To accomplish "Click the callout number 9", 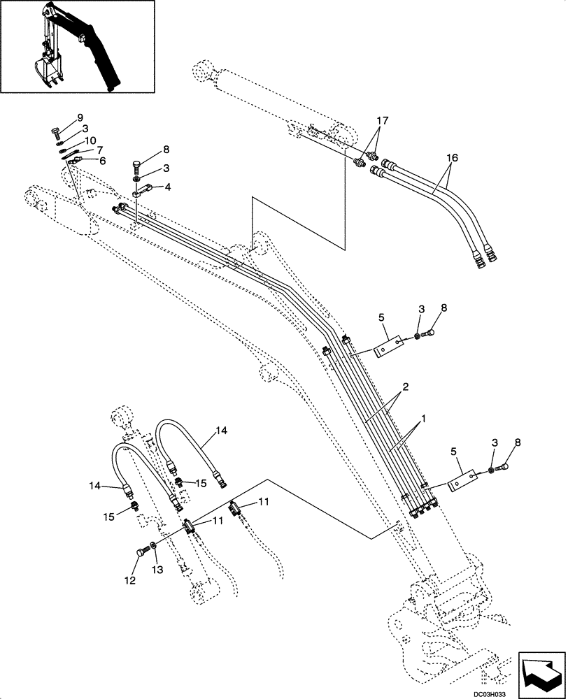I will pos(80,117).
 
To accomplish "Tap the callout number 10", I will pos(92,140).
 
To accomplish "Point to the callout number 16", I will pos(452,158).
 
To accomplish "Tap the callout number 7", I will pos(99,150).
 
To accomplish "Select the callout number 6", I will pos(102,161).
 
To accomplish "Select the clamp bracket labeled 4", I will pos(144,192).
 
